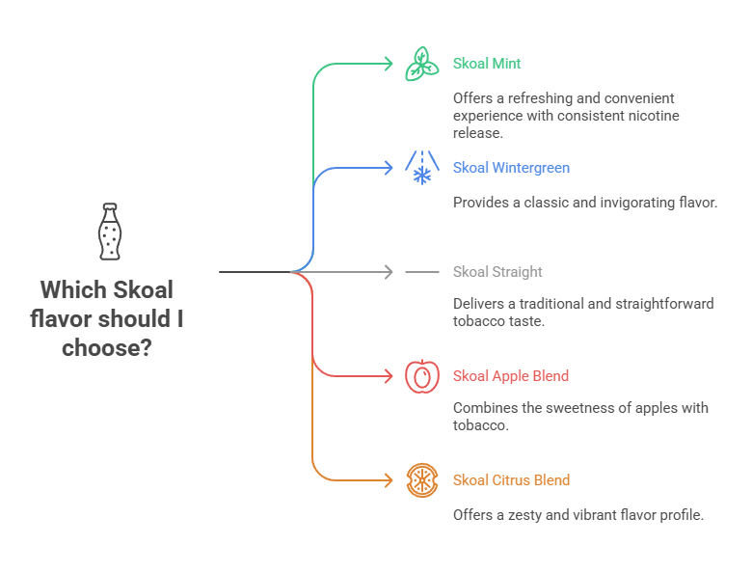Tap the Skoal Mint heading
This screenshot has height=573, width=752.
pyautogui.click(x=487, y=64)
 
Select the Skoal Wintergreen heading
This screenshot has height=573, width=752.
pyautogui.click(x=511, y=168)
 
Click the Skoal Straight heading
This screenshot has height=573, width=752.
pyautogui.click(x=497, y=272)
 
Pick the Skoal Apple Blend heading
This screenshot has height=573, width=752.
pyautogui.click(x=510, y=376)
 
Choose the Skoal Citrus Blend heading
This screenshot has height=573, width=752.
pyautogui.click(x=511, y=480)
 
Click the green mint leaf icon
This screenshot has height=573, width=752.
pyautogui.click(x=421, y=64)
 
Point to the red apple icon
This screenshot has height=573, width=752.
pyautogui.click(x=421, y=376)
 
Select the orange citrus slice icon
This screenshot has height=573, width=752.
pyautogui.click(x=421, y=480)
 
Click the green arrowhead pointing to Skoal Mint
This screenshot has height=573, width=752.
pyautogui.click(x=389, y=64)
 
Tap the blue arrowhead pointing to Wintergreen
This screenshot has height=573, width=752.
pyautogui.click(x=389, y=168)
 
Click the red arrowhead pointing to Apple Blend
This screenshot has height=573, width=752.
pyautogui.click(x=389, y=376)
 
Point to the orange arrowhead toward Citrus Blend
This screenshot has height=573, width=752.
pyautogui.click(x=389, y=480)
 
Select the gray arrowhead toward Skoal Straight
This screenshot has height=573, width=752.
pyautogui.click(x=389, y=272)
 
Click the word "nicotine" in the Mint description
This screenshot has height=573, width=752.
pyautogui.click(x=654, y=116)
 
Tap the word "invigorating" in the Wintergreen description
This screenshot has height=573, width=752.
pyautogui.click(x=625, y=203)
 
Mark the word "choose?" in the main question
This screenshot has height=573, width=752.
pyautogui.click(x=107, y=347)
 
